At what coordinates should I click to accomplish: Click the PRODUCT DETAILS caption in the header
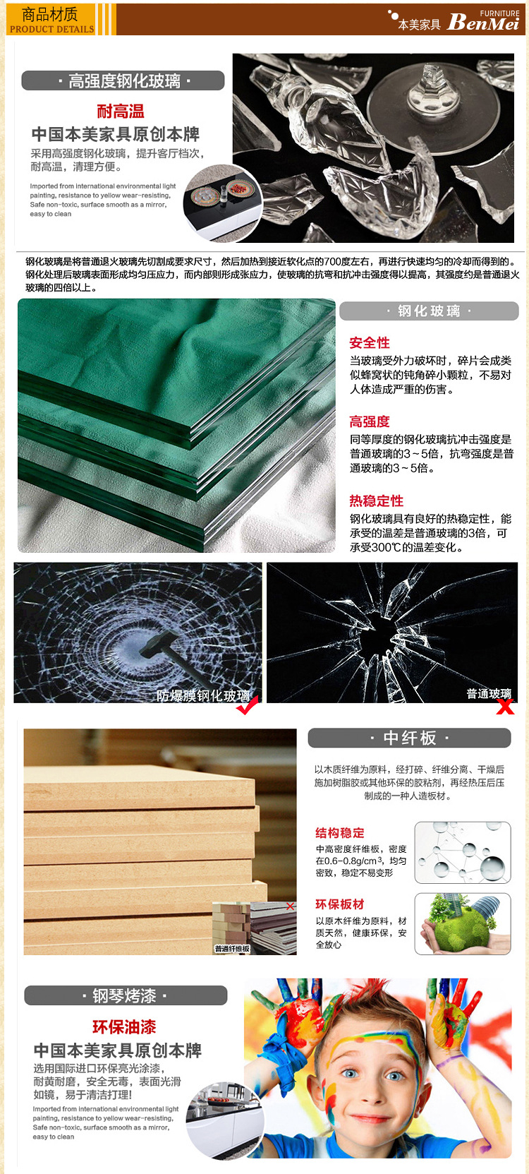52,30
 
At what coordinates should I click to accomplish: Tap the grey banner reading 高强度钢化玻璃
123,80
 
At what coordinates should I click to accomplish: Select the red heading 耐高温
121,111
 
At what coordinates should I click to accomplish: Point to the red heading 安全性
370,343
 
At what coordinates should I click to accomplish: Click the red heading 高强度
370,421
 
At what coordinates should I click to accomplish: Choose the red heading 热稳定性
376,501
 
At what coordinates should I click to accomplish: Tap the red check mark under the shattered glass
247,705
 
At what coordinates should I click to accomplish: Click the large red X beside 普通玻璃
505,707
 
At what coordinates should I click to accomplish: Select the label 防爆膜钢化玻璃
203,695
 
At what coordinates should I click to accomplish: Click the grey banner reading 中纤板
409,738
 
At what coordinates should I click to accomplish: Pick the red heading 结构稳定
340,833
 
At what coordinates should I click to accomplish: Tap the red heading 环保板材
340,904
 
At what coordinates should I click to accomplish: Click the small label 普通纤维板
232,949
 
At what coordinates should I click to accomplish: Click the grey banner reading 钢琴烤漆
126,995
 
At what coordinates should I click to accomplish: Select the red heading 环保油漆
124,1026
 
